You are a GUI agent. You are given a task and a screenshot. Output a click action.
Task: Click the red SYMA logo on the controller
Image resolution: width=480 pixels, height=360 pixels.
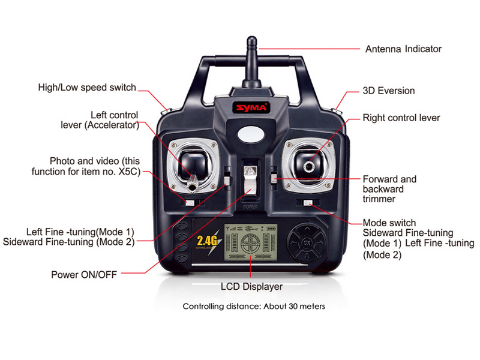pos(251,107)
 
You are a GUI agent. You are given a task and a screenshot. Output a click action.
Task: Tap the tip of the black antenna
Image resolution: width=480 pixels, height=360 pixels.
pos(251,37)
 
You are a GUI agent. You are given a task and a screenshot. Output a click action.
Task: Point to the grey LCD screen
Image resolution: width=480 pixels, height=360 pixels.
pos(251,242)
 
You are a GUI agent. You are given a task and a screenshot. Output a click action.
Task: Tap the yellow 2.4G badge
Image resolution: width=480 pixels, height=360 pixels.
pos(207,241)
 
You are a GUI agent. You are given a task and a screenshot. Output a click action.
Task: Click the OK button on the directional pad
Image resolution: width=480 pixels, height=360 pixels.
pos(307,243)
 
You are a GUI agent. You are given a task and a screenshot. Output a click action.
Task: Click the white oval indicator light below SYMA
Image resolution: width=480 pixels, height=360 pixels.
pos(251,134)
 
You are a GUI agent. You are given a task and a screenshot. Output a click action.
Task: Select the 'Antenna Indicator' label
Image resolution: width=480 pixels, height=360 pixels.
pos(403,49)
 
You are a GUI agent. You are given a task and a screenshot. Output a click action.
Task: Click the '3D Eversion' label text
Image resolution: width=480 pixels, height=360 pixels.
pos(388,91)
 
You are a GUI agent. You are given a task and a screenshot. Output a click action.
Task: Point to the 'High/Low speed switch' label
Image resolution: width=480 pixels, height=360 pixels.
pos(87,88)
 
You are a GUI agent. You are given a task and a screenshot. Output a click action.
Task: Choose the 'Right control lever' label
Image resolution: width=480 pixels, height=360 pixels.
pos(401,118)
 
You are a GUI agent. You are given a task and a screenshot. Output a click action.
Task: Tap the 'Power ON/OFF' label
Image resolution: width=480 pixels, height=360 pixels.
pos(84,275)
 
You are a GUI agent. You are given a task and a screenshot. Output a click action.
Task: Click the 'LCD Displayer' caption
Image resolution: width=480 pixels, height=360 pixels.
pos(251,287)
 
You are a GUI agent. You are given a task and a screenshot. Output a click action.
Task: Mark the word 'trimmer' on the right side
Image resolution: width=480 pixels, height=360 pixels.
pos(379,199)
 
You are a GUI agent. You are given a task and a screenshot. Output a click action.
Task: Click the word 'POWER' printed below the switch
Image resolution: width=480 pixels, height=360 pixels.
pos(250,206)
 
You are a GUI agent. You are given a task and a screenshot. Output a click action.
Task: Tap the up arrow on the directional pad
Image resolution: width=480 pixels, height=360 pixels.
pos(307,229)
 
